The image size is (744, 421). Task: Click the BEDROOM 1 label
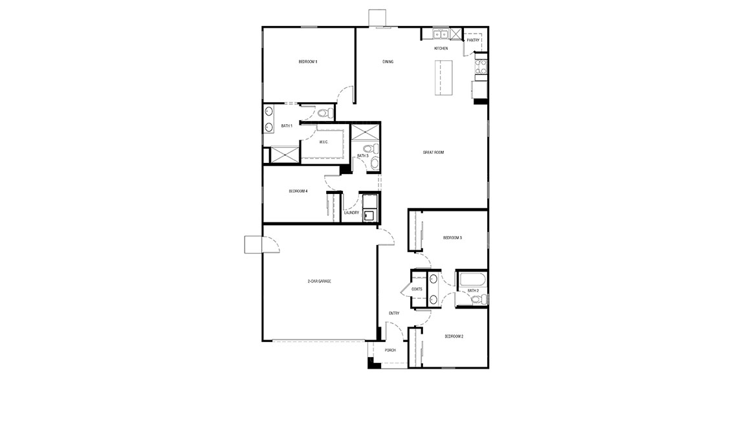click(307, 61)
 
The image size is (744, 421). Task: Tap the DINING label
click(388, 61)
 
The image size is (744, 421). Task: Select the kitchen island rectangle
click(443, 77)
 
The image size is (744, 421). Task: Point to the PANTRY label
click(473, 40)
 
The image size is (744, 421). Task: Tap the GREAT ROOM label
click(433, 153)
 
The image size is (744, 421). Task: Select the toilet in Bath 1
click(325, 113)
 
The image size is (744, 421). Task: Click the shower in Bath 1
click(285, 155)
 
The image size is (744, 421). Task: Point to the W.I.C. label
click(323, 142)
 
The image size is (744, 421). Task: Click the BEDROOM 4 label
click(298, 191)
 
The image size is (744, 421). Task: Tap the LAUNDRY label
click(351, 212)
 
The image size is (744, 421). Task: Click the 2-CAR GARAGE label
click(319, 281)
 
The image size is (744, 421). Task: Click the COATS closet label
click(417, 289)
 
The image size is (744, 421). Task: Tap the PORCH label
click(390, 351)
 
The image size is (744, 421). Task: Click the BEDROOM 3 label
click(452, 238)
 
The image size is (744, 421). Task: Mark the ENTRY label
click(394, 314)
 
